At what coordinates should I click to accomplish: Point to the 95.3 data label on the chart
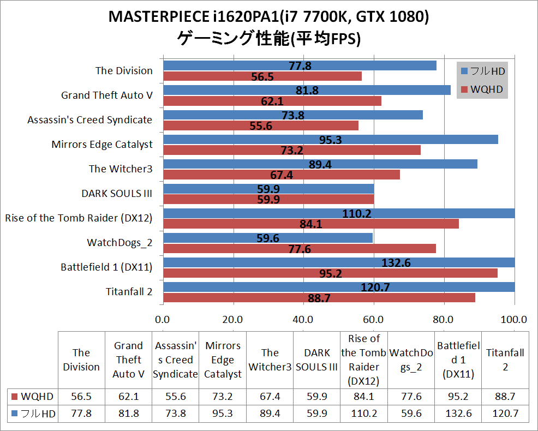pos(331,140)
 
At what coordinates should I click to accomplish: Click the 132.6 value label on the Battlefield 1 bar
pos(396,263)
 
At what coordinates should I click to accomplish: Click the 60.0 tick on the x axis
pos(373,319)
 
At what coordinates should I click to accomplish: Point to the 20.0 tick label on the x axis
pos(233,319)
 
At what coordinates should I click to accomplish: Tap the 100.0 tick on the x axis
pos(513,319)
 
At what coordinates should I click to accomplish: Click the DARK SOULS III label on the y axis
pos(117,193)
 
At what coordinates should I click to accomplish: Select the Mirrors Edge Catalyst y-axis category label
pos(102,144)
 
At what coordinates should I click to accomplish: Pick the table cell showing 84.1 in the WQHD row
pos(364,396)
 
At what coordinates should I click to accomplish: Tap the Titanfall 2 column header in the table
pos(505,360)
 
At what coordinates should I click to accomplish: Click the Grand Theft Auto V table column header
pos(129,360)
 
